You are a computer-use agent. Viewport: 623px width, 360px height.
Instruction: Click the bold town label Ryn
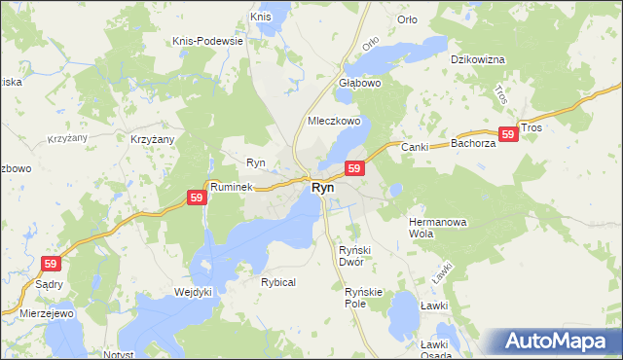(323, 188)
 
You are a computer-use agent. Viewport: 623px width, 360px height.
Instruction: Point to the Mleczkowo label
(334, 122)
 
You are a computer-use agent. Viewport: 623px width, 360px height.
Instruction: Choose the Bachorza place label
(474, 143)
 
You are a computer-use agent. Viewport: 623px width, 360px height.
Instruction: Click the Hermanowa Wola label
(438, 228)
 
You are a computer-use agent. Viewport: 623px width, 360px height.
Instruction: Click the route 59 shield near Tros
(507, 135)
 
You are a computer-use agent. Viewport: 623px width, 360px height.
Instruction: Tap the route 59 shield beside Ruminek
(197, 198)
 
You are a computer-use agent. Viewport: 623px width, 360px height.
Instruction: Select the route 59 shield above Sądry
(51, 263)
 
